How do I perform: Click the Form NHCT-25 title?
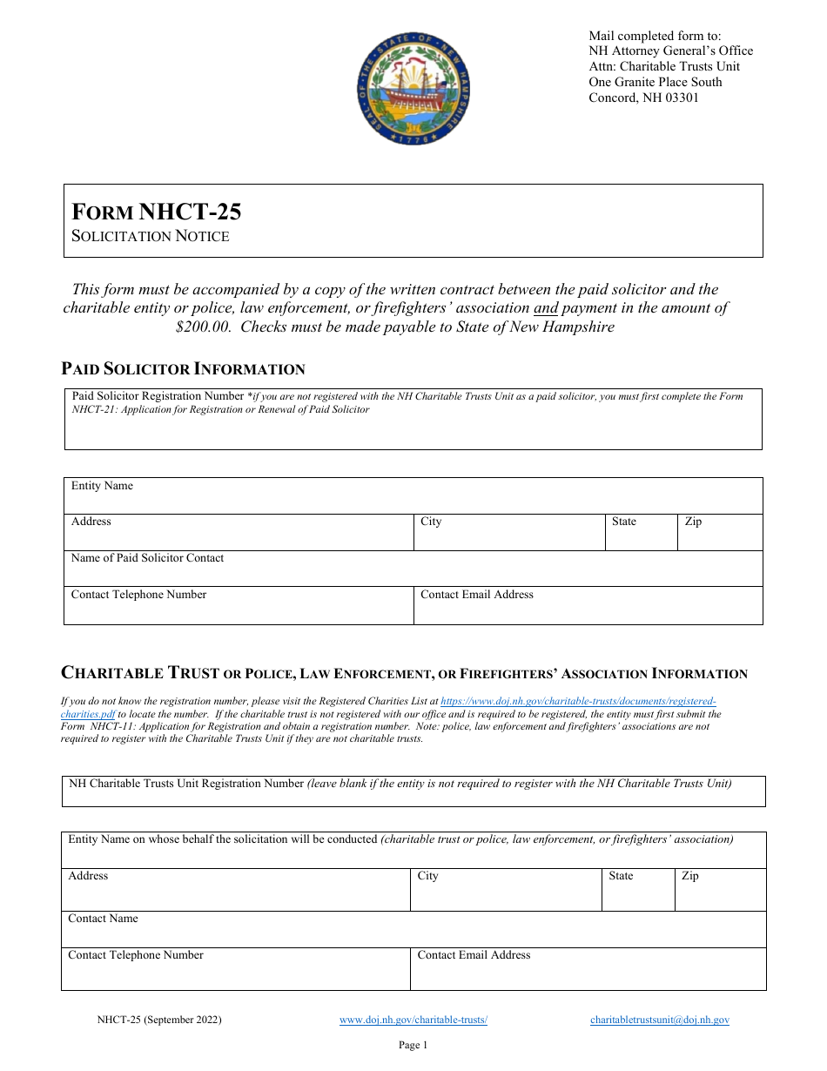pyautogui.click(x=157, y=212)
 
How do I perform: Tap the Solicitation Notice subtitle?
pyautogui.click(x=151, y=236)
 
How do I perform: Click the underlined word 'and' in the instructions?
pyautogui.click(x=546, y=308)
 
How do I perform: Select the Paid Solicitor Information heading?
pyautogui.click(x=183, y=368)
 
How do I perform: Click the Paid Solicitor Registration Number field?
pyautogui.click(x=413, y=431)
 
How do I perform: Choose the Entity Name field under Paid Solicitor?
pyautogui.click(x=413, y=499)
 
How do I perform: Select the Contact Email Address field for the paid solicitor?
pyautogui.click(x=588, y=610)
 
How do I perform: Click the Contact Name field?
pyautogui.click(x=413, y=933)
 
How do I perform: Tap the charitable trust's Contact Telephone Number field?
pyautogui.click(x=235, y=973)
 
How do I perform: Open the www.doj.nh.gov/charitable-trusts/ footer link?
pyautogui.click(x=413, y=1020)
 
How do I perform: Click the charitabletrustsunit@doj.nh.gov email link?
pyautogui.click(x=659, y=1020)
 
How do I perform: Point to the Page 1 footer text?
pyautogui.click(x=413, y=1045)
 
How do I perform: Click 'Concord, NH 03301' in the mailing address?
pyautogui.click(x=643, y=98)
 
